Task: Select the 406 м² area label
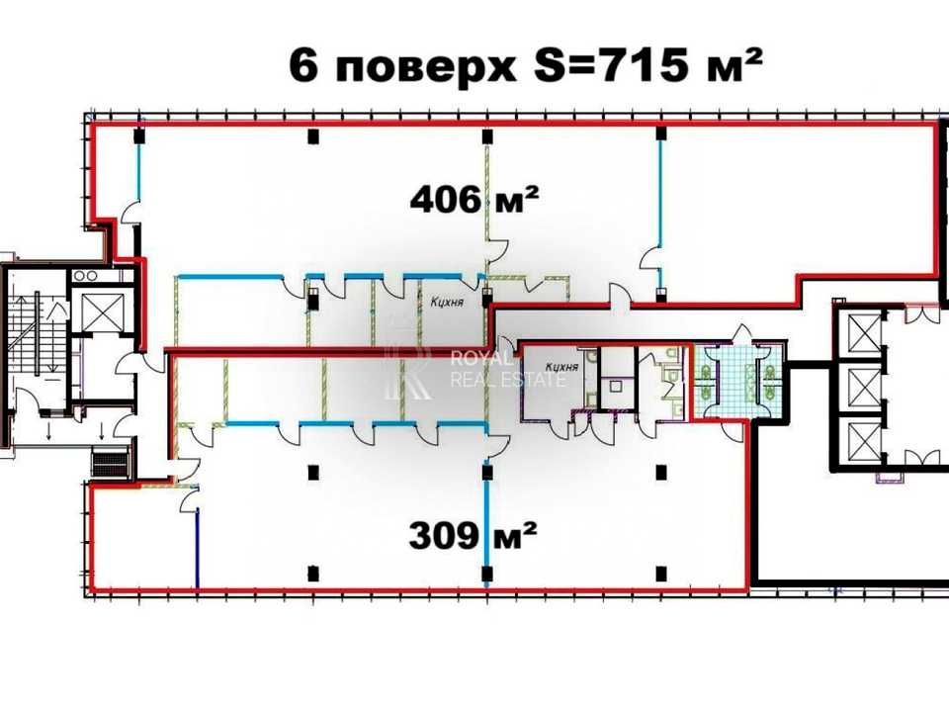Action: tap(474, 199)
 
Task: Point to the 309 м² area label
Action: tap(474, 536)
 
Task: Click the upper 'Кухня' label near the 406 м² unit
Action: tap(447, 302)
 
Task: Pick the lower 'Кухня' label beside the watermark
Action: tap(561, 367)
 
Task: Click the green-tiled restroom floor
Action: tap(737, 382)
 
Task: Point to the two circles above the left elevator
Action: tap(86, 276)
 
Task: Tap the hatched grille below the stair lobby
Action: tap(110, 462)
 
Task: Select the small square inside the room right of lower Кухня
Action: tap(616, 385)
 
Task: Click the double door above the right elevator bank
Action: tap(922, 313)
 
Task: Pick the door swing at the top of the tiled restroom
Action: tap(742, 334)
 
